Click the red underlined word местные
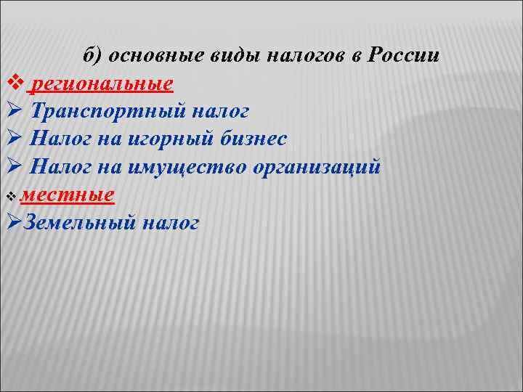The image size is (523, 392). [x=68, y=195]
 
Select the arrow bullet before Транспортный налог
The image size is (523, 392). [x=11, y=112]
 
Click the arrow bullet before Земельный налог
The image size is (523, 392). [x=11, y=223]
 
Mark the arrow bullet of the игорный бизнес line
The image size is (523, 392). [x=11, y=139]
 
